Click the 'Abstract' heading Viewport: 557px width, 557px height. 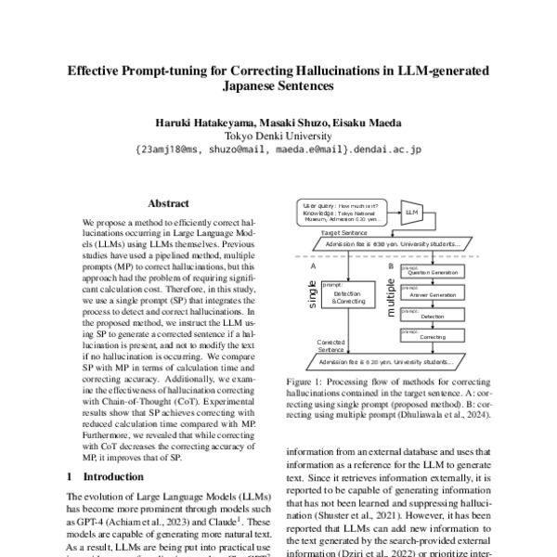169,203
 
